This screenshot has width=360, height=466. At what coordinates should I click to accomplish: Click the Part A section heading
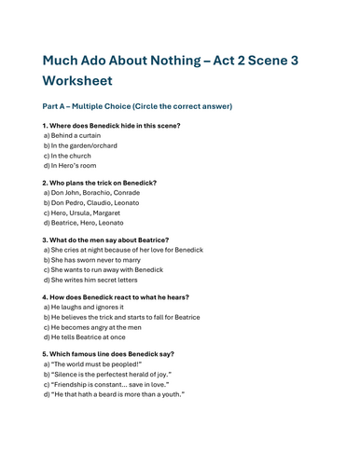point(137,106)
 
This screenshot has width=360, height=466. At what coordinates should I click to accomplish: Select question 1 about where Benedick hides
point(111,125)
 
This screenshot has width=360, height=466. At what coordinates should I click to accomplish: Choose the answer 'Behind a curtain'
point(76,136)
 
